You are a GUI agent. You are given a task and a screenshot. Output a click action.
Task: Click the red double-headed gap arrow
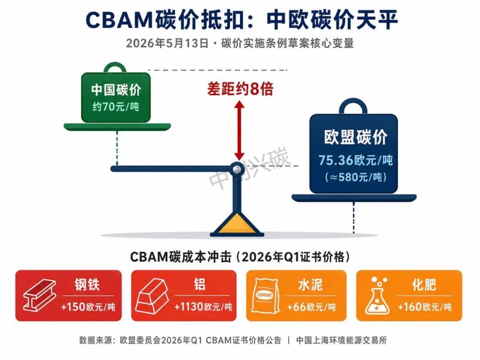coord(240,131)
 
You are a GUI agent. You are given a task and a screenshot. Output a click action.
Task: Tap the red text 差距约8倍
coord(240,89)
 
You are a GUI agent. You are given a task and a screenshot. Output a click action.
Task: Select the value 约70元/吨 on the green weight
coord(116,107)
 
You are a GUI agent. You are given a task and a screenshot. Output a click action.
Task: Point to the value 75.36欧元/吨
coord(356,160)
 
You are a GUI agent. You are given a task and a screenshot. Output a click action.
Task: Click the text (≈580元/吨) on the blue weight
coord(356,177)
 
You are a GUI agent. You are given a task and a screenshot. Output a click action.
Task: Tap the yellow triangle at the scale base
coord(237,223)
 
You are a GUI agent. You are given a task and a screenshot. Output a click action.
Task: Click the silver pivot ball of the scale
coord(236,169)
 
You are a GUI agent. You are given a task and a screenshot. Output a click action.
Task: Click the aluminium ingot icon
coord(152,295)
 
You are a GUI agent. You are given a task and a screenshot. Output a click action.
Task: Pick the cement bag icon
coord(265,296)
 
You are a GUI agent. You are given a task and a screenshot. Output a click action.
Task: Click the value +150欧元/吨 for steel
coord(88,307)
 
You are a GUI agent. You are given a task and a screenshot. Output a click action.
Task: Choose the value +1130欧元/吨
coord(203,307)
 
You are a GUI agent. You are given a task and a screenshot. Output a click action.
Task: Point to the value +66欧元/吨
coord(311,307)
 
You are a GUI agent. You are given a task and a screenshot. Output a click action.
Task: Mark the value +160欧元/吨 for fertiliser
coord(424,307)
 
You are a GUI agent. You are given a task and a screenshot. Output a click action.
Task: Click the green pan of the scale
coord(117,126)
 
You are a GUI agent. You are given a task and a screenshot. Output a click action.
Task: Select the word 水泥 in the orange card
coord(310,285)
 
